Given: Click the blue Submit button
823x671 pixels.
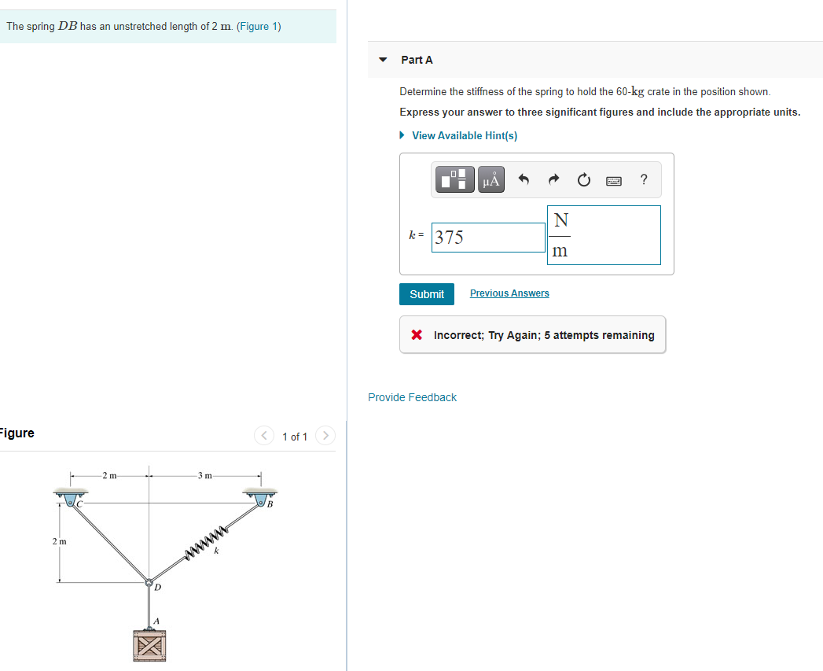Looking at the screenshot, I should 426,294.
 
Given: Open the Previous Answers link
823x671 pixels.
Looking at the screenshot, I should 509,293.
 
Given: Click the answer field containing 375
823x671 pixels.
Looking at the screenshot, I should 488,237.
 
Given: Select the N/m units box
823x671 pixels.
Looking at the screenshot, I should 603,235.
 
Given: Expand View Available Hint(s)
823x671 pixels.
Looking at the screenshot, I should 464,135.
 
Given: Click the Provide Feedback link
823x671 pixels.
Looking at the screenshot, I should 412,397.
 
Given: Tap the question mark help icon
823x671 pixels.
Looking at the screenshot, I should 644,180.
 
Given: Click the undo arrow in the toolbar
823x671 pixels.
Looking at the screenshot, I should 524,180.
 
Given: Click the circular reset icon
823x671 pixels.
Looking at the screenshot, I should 583,180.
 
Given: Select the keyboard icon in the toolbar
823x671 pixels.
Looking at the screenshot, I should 614,181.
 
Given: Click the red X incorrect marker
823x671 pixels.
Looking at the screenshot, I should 417,335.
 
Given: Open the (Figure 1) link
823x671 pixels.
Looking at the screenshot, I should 259,26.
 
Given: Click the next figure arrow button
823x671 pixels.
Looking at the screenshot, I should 326,436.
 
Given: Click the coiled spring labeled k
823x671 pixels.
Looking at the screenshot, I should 207,542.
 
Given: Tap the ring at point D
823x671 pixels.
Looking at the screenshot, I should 148,583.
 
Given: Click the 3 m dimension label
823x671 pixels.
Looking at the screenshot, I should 205,475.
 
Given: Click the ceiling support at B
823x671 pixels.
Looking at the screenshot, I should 261,495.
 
